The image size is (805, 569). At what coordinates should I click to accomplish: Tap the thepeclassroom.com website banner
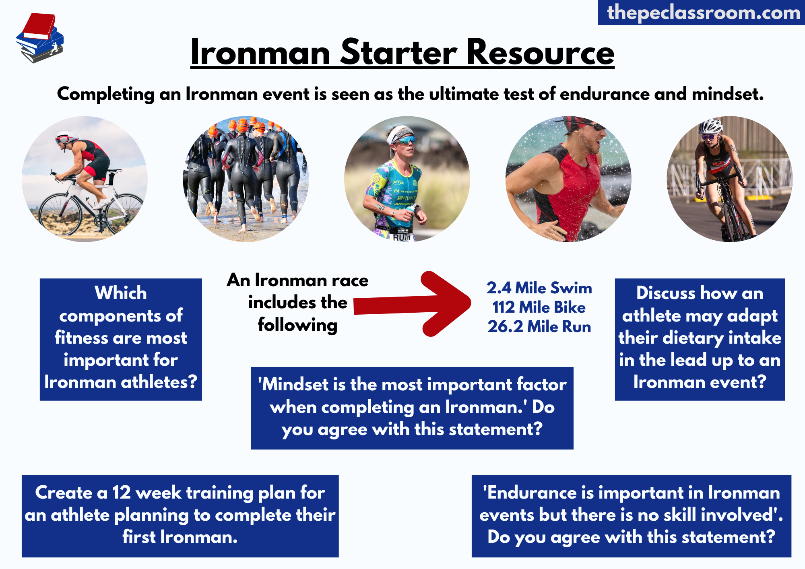pos(702,12)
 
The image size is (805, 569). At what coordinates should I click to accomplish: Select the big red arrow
pos(412,304)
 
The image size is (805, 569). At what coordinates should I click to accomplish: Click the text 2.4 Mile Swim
pos(539,288)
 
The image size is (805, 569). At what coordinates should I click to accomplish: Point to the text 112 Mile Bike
pos(539,307)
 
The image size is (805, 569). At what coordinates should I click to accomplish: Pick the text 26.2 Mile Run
pos(539,327)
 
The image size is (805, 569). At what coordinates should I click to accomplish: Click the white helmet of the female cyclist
pos(710,126)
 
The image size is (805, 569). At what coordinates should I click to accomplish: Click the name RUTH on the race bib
pos(401,237)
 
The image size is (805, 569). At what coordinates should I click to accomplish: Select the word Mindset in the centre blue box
pos(295,385)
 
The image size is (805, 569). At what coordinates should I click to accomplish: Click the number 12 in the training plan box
pos(121,493)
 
